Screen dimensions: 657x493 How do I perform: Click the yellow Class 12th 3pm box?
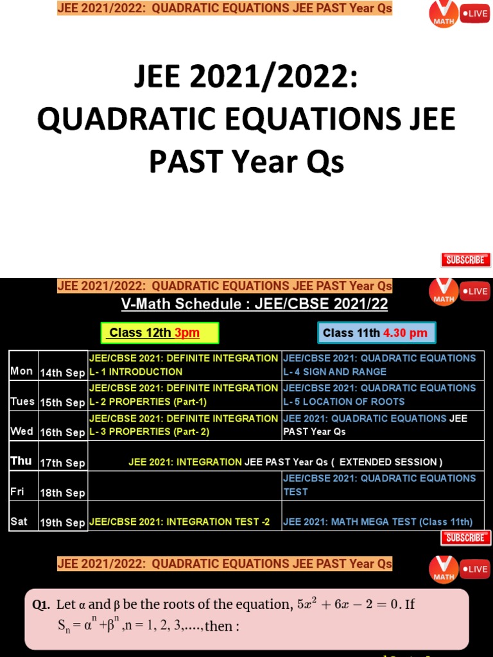pyautogui.click(x=160, y=333)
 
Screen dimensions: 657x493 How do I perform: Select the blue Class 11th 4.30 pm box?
pyautogui.click(x=376, y=333)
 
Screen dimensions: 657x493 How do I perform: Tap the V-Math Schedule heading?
pyautogui.click(x=255, y=304)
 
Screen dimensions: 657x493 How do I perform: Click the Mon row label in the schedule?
pyautogui.click(x=22, y=371)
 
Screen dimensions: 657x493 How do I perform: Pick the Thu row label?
pyautogui.click(x=22, y=461)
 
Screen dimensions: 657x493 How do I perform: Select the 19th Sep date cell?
pyautogui.click(x=62, y=523)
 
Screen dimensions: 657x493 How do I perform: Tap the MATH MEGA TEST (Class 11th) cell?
pyautogui.click(x=383, y=522)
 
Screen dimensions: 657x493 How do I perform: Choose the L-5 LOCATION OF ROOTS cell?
pyautogui.click(x=383, y=395)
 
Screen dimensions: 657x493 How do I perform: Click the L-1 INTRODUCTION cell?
pyautogui.click(x=184, y=365)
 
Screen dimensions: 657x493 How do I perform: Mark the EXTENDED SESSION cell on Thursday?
pyautogui.click(x=286, y=462)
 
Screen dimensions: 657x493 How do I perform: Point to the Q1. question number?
pyautogui.click(x=42, y=604)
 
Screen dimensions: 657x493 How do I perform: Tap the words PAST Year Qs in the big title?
pyautogui.click(x=246, y=162)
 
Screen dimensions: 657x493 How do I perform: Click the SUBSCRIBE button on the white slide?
pyautogui.click(x=465, y=260)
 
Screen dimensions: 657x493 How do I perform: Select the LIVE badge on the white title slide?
pyautogui.click(x=475, y=13)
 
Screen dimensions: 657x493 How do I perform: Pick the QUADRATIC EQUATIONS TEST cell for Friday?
pyautogui.click(x=383, y=485)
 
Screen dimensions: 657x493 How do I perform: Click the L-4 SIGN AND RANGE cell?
pyautogui.click(x=383, y=365)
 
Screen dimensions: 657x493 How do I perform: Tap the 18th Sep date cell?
pyautogui.click(x=62, y=493)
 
